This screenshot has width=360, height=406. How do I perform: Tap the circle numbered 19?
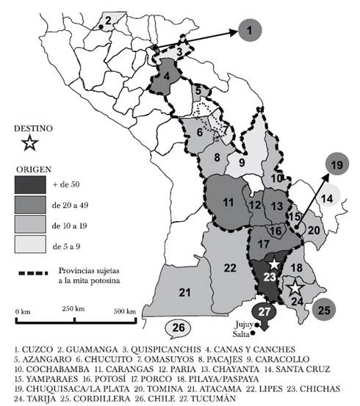(x=337, y=165)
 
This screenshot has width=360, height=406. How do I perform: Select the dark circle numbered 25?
(x=324, y=310)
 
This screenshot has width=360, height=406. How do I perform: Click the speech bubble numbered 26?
(x=176, y=327)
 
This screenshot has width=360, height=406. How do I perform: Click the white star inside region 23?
(x=274, y=264)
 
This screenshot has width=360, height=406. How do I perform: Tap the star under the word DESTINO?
(x=30, y=142)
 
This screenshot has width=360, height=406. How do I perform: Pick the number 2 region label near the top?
(x=109, y=19)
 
